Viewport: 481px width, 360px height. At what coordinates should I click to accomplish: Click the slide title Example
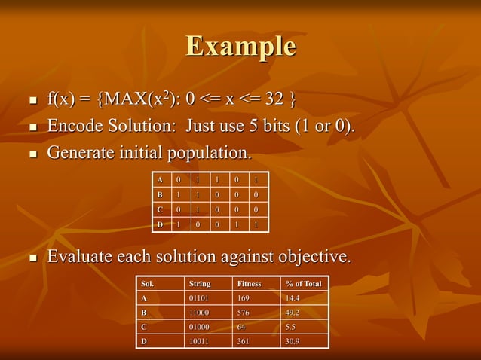[x=240, y=46]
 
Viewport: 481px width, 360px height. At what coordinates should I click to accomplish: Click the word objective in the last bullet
[x=309, y=257]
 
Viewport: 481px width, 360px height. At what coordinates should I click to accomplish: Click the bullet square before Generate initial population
[x=32, y=154]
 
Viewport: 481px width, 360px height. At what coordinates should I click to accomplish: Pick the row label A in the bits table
[x=159, y=180]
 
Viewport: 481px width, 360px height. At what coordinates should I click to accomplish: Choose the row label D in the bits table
[x=159, y=224]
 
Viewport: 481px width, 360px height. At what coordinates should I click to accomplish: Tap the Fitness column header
[x=250, y=284]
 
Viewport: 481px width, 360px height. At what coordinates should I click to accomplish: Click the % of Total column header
[x=303, y=284]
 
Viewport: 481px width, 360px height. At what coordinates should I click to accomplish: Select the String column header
[x=200, y=284]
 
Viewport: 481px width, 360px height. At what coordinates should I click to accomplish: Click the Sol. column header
[x=149, y=284]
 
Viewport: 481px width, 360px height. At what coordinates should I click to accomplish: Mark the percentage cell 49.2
[x=293, y=313]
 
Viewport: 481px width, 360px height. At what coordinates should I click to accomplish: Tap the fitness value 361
[x=244, y=341]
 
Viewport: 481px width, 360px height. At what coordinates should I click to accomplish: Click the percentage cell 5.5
[x=290, y=327]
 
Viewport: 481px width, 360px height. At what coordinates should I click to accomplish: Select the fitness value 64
[x=241, y=327]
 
